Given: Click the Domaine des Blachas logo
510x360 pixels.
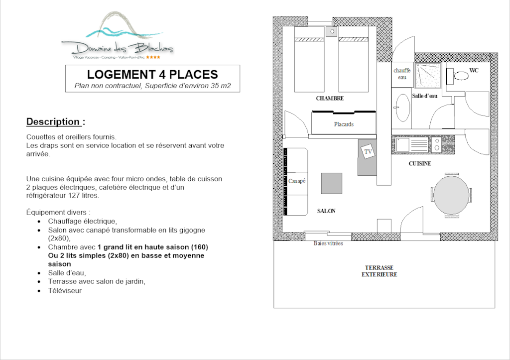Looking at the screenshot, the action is coord(117,35).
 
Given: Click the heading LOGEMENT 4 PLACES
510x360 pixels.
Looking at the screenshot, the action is coord(152,75).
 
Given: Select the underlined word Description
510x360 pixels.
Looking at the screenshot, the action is coord(53,121).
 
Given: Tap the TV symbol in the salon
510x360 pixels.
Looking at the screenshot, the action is coord(368,151).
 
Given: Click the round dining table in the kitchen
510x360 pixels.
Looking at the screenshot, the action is coord(451,195).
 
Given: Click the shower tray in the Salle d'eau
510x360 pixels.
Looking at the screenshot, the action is coord(428,76).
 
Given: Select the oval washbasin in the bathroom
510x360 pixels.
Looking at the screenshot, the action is coord(402,108).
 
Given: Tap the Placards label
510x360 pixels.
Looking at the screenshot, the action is coord(344,124).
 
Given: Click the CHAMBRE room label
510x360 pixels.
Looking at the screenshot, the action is coord(330,98).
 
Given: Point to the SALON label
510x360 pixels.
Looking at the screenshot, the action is coord(326,211).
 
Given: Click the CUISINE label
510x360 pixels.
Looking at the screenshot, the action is coord(420,164).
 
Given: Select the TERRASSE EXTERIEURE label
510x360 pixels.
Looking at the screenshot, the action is coord(379,271).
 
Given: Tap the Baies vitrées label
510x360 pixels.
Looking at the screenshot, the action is coord(328,243).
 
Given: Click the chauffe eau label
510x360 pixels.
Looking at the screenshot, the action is coord(402,74).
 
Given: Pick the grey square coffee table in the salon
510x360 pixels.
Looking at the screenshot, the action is coord(332,183).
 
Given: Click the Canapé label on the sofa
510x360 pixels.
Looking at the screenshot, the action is coord(297,181).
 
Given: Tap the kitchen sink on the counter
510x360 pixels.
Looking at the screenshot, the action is coord(402,145).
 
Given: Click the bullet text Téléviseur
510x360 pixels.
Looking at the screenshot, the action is coord(65,291).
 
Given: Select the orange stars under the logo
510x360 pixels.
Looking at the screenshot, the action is coord(153,57).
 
